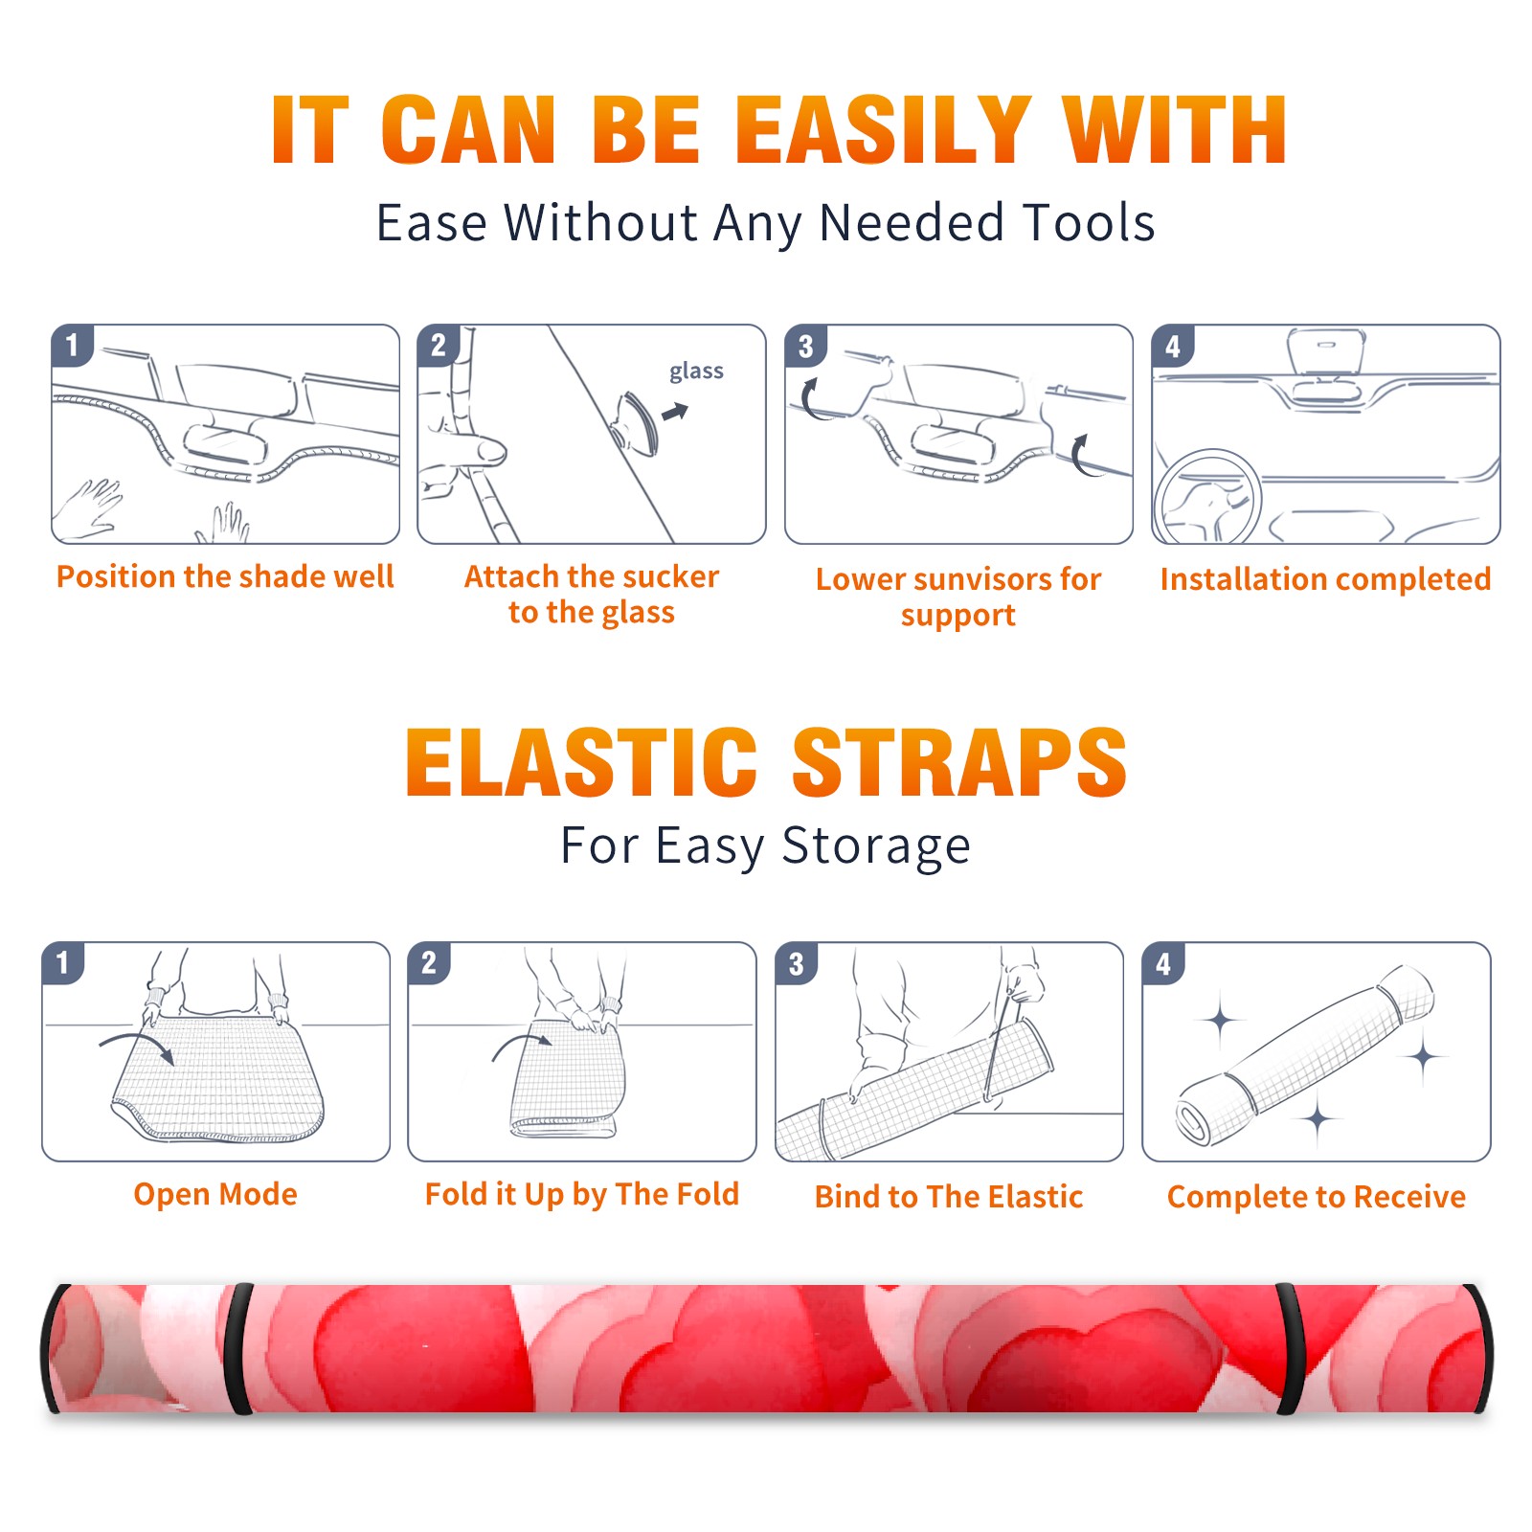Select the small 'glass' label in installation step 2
696,372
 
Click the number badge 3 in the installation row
805,346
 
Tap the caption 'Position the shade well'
225,576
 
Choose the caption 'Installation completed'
1325,578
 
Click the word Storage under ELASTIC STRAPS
875,846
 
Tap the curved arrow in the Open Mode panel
136,1045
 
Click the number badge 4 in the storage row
1163,963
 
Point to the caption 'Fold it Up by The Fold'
582,1194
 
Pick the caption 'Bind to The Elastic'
949,1196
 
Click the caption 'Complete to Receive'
1317,1196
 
